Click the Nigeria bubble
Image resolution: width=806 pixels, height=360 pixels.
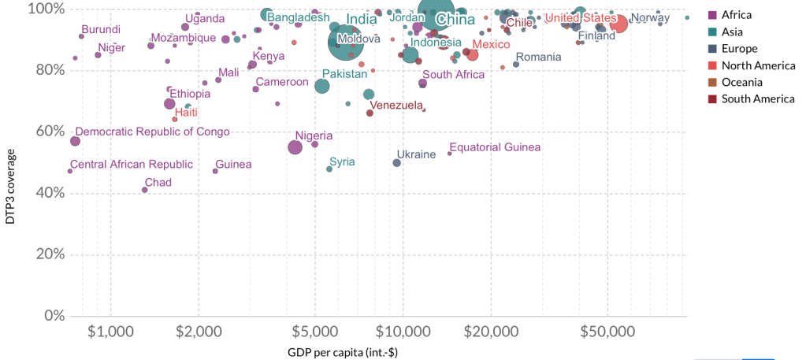pos(295,147)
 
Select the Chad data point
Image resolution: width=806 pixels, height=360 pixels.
pos(145,190)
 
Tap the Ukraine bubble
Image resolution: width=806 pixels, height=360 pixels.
pos(397,163)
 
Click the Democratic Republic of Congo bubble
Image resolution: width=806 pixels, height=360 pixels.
pos(75,141)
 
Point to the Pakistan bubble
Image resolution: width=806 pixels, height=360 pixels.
pos(322,86)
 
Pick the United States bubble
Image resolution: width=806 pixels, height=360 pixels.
pos(618,24)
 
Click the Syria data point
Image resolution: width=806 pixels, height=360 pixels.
pos(329,169)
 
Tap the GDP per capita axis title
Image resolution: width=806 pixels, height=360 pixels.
pos(343,351)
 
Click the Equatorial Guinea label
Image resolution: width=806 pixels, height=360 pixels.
pos(495,147)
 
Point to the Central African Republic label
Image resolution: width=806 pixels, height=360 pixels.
pos(131,165)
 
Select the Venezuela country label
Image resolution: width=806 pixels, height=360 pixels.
pos(396,105)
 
